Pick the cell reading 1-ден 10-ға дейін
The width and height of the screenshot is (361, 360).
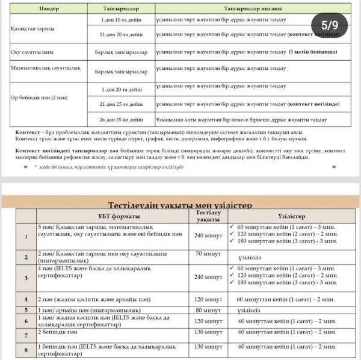(x=120, y=20)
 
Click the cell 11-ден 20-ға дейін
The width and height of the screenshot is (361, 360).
(x=120, y=36)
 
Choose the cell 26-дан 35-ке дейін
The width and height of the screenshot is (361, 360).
(x=120, y=119)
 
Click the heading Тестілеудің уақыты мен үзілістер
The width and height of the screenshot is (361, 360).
(x=180, y=205)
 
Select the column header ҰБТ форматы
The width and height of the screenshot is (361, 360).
(x=110, y=216)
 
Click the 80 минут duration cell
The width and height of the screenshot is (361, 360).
(x=208, y=311)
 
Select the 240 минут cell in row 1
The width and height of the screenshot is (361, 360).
(x=208, y=235)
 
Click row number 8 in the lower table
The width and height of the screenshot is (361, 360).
(x=25, y=349)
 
